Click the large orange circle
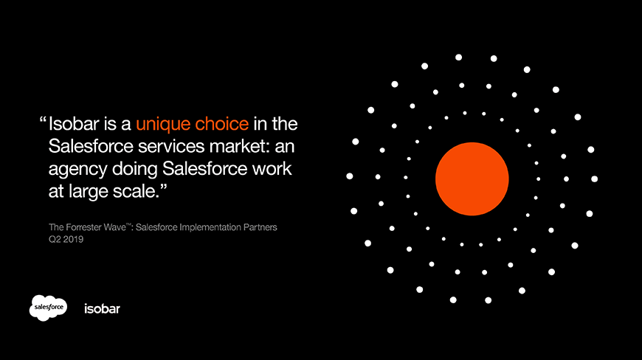(x=472, y=179)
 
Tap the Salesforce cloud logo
(x=49, y=307)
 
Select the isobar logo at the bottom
(x=102, y=308)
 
